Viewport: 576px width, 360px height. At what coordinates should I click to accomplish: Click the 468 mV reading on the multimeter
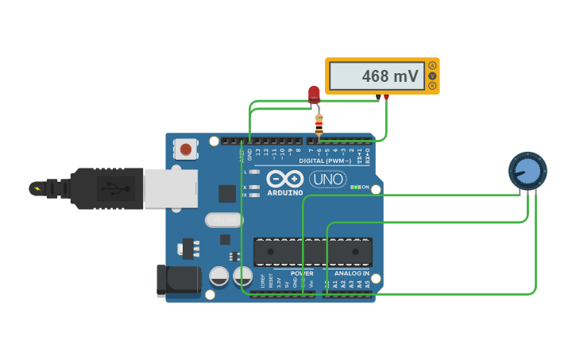[378, 76]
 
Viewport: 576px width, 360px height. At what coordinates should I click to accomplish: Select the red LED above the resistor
[314, 95]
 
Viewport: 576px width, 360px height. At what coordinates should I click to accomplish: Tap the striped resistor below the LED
[319, 124]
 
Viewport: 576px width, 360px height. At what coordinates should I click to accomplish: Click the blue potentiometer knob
[528, 171]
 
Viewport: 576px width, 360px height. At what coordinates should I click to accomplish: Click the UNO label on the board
[327, 179]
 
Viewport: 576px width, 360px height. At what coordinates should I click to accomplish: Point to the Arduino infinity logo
[284, 179]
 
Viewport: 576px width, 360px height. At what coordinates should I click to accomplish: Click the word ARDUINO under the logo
[284, 192]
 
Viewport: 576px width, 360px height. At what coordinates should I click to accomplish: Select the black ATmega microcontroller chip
[313, 252]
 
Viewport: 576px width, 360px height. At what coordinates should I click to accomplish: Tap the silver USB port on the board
[170, 188]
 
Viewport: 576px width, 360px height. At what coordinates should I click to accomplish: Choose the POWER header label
[302, 273]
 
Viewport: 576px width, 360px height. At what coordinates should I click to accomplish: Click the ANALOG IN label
[351, 273]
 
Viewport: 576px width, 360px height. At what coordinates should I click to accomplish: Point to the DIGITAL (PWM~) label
[327, 161]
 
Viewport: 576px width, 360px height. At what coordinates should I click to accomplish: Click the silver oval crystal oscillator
[224, 220]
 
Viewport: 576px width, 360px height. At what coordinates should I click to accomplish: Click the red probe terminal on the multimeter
[386, 97]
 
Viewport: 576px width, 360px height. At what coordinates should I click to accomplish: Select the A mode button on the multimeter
[432, 65]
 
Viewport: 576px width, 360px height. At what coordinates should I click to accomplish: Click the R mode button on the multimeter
[432, 85]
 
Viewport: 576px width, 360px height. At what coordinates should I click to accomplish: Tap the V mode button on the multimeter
[432, 75]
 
